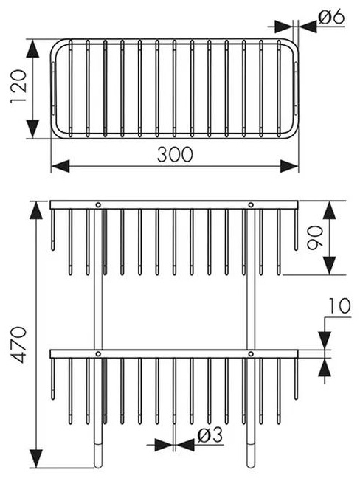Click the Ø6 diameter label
[331, 17]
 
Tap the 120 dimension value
[19, 87]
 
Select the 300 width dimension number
[175, 154]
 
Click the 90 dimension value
[315, 238]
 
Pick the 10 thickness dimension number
[339, 306]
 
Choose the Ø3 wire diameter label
[210, 435]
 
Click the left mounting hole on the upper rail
[98, 204]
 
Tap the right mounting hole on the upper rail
[251, 204]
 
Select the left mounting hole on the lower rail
[98, 353]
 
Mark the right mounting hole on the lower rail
[251, 353]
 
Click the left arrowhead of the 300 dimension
[60, 166]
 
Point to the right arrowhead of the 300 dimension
[289, 166]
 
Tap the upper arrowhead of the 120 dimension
[32, 49]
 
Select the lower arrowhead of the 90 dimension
[330, 266]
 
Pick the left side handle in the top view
[53, 89]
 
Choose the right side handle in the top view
[296, 89]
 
